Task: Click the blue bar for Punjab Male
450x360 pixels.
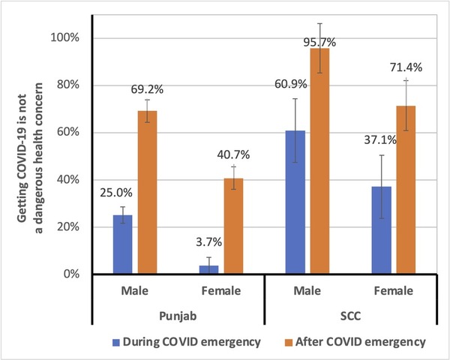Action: (122, 244)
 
